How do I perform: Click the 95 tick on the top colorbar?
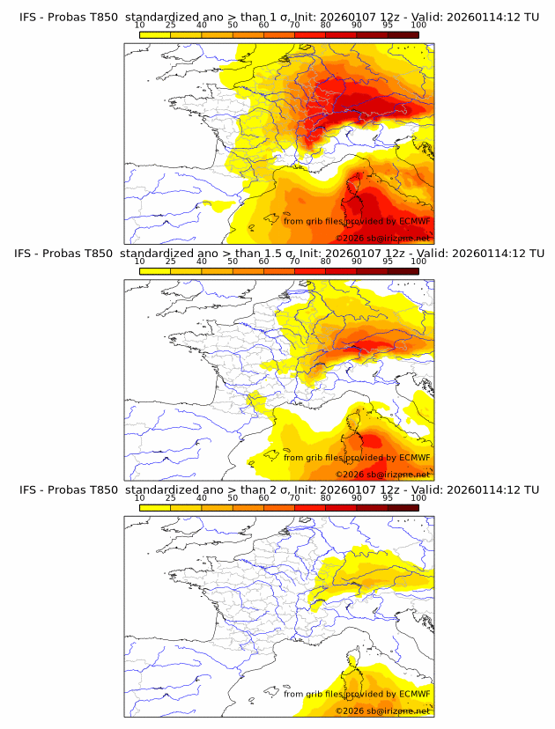click(388, 25)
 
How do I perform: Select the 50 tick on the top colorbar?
click(233, 25)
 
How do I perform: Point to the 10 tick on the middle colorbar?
click(139, 261)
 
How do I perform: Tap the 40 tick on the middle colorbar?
click(202, 261)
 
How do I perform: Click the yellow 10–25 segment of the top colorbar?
click(155, 33)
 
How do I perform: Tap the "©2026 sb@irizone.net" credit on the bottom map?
click(382, 711)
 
